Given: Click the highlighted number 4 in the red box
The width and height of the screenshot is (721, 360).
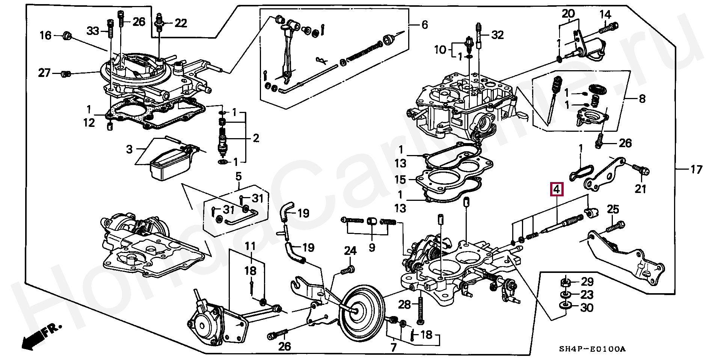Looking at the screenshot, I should coord(557,189).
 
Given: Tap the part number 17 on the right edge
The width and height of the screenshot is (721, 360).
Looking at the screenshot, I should coord(696,170).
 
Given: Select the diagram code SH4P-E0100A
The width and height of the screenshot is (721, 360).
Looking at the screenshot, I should coord(592,349).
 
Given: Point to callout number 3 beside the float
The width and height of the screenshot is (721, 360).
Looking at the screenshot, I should coord(129,149).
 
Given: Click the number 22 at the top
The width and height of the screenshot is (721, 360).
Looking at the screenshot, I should coord(181,23).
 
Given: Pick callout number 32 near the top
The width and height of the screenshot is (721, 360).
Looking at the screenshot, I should coord(497,35).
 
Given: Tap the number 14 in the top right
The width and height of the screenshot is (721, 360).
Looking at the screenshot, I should coord(605,15).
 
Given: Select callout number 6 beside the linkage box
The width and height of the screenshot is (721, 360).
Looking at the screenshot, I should coord(425,25).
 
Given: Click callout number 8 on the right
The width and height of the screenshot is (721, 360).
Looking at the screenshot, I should coord(642,99).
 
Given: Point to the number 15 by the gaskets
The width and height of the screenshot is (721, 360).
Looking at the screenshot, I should coord(400,179).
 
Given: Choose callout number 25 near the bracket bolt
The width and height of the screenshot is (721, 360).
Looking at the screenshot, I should coord(613,209).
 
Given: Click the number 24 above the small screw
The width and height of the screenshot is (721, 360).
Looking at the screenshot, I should coord(350,251).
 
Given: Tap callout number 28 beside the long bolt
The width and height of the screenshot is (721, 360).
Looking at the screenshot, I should coord(404,304).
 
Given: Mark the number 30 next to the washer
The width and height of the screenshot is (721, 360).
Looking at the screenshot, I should coord(587,308).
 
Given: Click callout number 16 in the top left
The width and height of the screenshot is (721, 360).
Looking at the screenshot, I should coord(45,35).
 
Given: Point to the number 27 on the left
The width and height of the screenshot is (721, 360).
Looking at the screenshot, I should coord(44,72).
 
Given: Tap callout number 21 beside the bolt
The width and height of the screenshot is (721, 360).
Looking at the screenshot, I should coord(640,189).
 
